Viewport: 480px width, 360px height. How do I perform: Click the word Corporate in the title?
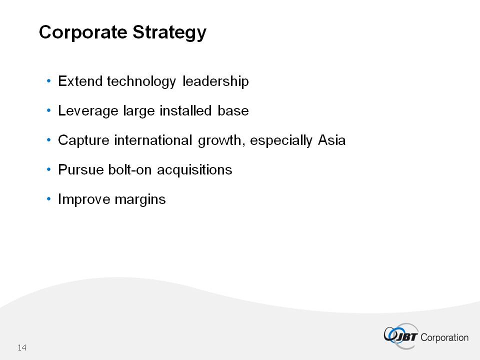tap(83, 32)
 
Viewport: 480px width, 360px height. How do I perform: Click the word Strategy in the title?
tap(169, 32)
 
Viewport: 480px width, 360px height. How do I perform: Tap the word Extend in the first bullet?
tap(80, 81)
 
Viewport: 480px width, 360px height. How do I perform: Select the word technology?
tap(141, 82)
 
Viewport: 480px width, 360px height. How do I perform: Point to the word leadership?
tap(215, 82)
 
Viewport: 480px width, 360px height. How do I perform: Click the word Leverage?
tap(88, 111)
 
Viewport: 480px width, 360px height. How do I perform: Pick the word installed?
tap(186, 110)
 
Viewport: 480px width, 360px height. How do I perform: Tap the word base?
tap(233, 110)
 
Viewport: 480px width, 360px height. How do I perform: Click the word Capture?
tap(83, 141)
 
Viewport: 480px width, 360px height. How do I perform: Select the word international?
tap(153, 140)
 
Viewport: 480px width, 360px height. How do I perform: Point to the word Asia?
tap(332, 140)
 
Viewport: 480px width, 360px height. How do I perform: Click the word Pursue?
tap(81, 169)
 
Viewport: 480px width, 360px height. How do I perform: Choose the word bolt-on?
tap(130, 169)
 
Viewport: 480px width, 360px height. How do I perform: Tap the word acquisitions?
tap(194, 170)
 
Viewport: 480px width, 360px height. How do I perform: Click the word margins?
tap(140, 200)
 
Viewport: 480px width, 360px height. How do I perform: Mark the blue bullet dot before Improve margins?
tap(48, 199)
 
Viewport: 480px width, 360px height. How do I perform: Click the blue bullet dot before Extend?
tap(48, 81)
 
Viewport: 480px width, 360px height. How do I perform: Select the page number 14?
tap(22, 347)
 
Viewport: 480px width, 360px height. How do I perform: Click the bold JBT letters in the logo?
tap(406, 337)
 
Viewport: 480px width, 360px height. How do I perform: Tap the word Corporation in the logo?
tap(444, 337)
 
